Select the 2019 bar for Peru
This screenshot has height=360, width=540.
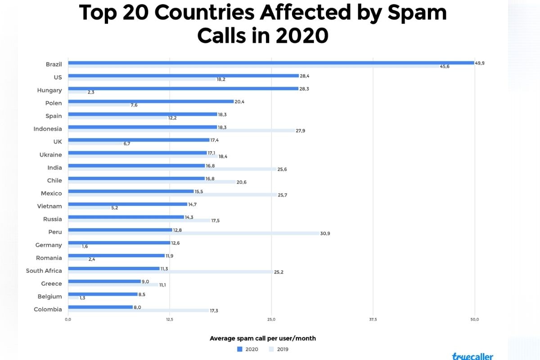tap(193, 233)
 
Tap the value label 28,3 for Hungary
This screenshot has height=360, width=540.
tap(305, 89)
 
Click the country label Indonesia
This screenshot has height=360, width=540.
tap(48, 129)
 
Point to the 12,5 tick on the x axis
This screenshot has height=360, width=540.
tap(170, 319)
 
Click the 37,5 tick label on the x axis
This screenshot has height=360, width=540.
tap(373, 319)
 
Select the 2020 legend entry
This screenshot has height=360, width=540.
tap(247, 349)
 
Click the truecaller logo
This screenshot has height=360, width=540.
tap(472, 356)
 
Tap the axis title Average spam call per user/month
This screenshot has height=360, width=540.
tap(263, 338)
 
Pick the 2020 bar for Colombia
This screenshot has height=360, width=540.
tap(100, 307)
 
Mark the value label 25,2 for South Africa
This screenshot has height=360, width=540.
tap(279, 272)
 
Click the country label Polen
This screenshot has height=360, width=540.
tap(54, 103)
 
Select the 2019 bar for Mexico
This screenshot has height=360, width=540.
tap(172, 195)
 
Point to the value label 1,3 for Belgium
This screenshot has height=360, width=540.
tap(82, 298)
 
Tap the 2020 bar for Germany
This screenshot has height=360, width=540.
tap(119, 243)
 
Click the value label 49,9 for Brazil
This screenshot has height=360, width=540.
tap(480, 63)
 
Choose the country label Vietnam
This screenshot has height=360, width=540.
tap(49, 206)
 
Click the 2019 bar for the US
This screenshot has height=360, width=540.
tap(142, 79)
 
